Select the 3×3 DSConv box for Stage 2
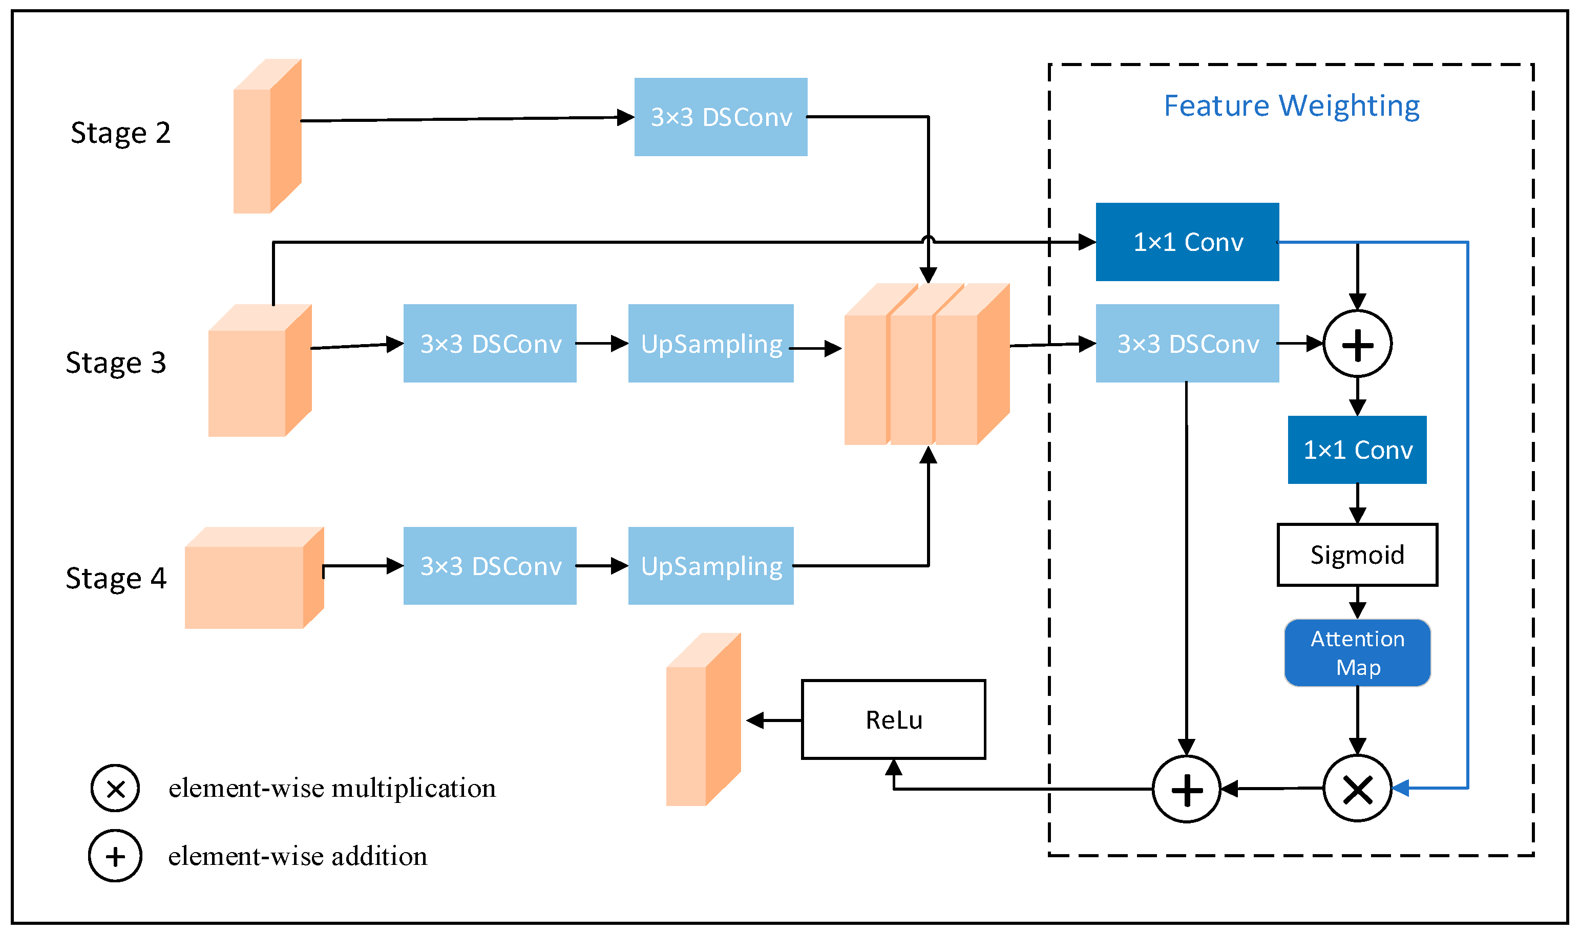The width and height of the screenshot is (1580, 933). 721,117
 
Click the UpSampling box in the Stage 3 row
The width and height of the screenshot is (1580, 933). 710,343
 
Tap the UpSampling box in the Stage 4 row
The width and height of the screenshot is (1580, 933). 710,566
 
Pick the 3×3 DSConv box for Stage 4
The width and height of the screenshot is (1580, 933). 490,566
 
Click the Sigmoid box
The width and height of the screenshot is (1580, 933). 1357,555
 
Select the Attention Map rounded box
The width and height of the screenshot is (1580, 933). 1357,652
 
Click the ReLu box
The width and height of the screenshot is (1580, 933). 893,719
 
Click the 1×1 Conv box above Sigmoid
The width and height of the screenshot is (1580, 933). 1357,450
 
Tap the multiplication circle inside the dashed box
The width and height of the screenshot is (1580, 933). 1357,789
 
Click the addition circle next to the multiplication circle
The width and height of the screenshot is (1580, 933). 1187,789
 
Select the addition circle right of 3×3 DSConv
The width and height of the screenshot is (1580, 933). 1357,344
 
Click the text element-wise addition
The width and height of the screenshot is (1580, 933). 298,856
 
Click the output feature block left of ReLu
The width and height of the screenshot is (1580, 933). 703,720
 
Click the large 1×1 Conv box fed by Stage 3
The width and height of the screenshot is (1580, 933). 1187,242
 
